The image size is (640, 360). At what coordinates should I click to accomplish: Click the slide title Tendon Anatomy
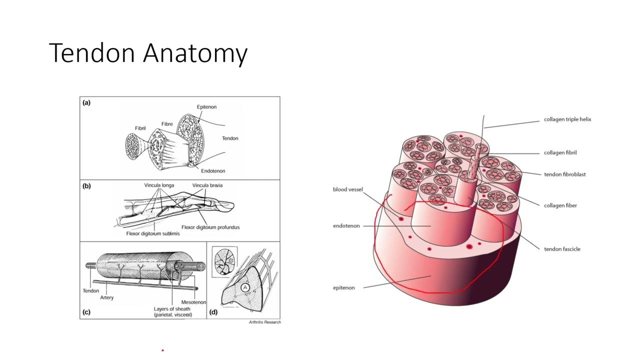[x=148, y=53]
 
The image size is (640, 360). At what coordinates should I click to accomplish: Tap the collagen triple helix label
[x=567, y=119]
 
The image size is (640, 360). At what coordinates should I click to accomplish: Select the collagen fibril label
[x=560, y=152]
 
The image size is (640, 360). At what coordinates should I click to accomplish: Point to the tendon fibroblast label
[x=564, y=174]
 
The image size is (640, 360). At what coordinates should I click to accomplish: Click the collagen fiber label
[x=560, y=205]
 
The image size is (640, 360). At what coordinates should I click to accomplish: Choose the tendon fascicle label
[x=562, y=249]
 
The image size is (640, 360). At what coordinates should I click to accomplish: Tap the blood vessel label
[x=347, y=189]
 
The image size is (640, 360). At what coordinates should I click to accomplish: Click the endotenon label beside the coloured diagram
[x=346, y=226]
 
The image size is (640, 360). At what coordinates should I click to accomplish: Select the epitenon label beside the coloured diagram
[x=343, y=288]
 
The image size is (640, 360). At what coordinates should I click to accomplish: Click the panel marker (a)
[x=86, y=103]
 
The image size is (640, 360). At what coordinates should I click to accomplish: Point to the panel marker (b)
[x=86, y=186]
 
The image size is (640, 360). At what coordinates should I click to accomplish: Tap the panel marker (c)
[x=86, y=312]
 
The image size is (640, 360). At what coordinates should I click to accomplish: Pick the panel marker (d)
[x=213, y=312]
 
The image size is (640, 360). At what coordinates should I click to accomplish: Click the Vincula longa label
[x=159, y=185]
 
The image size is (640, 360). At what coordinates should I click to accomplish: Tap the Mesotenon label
[x=193, y=302]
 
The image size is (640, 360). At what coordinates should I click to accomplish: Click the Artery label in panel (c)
[x=106, y=297]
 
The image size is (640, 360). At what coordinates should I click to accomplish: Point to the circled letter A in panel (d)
[x=245, y=287]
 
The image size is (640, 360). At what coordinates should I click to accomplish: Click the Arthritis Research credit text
[x=264, y=322]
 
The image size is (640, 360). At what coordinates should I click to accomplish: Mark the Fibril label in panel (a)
[x=140, y=128]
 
